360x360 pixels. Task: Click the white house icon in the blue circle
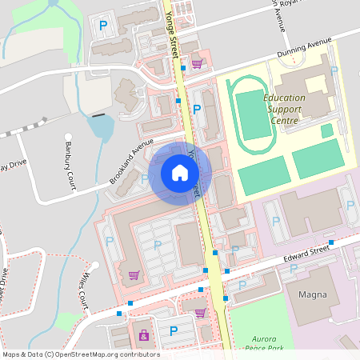(x=180, y=172)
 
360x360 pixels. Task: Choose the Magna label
(x=312, y=294)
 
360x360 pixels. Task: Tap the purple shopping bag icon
(x=143, y=334)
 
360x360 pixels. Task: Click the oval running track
(x=254, y=117)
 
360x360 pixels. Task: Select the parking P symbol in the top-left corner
(x=102, y=26)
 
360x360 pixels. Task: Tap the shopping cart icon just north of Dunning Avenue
(x=196, y=63)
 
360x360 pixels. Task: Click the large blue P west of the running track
(x=197, y=109)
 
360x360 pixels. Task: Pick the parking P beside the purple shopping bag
(x=173, y=330)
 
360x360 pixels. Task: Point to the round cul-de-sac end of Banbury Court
(x=69, y=137)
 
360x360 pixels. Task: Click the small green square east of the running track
(x=326, y=130)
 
